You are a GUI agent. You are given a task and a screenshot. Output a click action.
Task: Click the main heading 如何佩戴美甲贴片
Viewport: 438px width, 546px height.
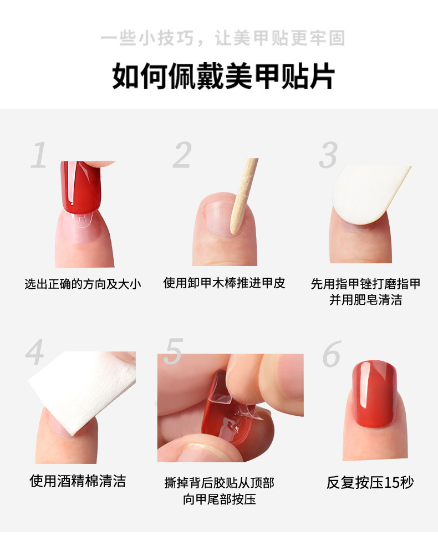pos(223,76)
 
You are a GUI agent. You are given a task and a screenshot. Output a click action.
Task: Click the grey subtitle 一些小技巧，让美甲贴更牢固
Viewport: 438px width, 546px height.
pos(223,38)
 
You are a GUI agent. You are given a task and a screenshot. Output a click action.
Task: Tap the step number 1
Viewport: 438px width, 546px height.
pos(38,155)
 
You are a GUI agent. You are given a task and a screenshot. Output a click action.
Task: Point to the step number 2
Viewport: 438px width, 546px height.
pos(182,155)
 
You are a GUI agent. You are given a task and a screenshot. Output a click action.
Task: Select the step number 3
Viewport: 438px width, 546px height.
pos(328,155)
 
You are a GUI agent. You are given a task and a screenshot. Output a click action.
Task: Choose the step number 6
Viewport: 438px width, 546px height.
pos(332,354)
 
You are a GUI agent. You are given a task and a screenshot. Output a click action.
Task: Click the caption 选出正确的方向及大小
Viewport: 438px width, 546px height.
pos(83,284)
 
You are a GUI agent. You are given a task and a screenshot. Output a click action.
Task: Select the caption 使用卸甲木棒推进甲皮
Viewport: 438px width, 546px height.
pos(224,283)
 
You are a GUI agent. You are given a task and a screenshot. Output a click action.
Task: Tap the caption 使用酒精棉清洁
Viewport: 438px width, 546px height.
pos(78,481)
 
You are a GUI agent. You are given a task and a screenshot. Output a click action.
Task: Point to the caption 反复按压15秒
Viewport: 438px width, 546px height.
pos(370,482)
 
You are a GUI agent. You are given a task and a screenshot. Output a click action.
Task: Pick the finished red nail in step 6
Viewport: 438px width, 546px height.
pos(375,394)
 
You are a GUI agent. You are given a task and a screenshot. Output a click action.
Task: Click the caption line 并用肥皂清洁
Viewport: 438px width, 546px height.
pos(366,300)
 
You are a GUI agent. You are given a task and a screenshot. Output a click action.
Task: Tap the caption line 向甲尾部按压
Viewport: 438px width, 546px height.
pos(220,499)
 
